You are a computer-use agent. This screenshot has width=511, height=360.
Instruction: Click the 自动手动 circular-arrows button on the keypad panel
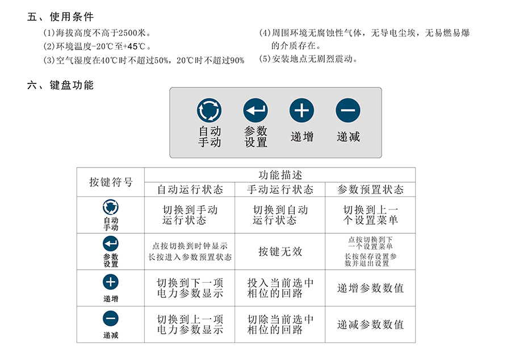coord(209,111)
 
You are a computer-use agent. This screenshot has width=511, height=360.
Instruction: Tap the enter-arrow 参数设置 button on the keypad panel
coord(256,111)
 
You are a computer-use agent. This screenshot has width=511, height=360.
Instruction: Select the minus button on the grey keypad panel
coord(348,111)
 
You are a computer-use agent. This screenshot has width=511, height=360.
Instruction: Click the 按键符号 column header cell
coord(111,182)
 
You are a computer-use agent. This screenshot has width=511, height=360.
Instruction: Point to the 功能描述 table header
coord(280,175)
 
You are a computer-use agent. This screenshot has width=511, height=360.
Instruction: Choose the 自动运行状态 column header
coord(190,189)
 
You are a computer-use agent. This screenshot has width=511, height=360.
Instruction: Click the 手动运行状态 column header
coord(280,189)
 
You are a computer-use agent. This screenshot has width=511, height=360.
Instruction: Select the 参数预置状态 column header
coord(370,189)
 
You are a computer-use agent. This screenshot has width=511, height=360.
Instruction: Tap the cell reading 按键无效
coord(280,251)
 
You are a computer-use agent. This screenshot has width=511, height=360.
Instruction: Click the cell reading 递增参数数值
coord(370,288)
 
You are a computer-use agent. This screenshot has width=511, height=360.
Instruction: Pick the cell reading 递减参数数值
coord(370,324)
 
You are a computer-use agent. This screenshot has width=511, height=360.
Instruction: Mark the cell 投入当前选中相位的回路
coord(280,288)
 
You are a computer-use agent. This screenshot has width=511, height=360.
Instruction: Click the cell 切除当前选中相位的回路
coord(280,324)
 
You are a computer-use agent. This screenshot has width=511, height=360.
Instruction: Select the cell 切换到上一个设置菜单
coord(370,215)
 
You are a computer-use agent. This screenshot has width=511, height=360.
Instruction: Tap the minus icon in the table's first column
coord(111,319)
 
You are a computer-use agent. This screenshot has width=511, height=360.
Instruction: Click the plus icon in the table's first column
coord(111,282)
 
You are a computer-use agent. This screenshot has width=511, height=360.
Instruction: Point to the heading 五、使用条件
coord(61,16)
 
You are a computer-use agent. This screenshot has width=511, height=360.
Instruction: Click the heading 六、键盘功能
coord(61,85)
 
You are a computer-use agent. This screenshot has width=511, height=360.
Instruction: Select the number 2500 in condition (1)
coord(128,33)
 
